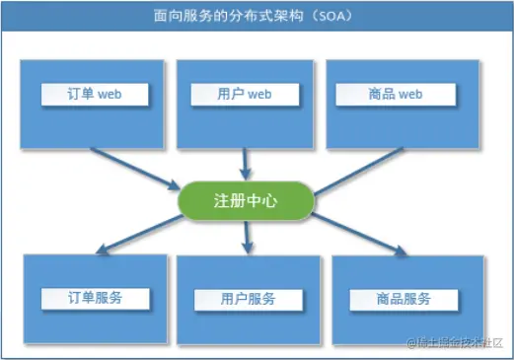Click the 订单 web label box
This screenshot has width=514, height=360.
pos(95,95)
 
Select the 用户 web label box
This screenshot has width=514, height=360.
pos(245,95)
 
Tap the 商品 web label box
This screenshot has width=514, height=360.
pos(396,95)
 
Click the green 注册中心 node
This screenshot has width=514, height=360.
pos(246,200)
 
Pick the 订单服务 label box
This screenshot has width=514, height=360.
pos(96,299)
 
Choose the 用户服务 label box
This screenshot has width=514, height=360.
pos(249,300)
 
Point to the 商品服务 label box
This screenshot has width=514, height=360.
pos(404,300)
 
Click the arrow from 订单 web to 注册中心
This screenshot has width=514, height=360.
pos(135,169)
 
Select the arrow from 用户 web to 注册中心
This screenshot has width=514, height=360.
pos(245,165)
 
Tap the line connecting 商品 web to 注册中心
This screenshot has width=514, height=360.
pos(358,171)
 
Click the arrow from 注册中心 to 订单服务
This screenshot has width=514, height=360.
pos(139,235)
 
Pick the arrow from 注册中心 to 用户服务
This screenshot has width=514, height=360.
pos(247,238)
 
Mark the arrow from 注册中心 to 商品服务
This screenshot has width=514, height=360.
pos(359,235)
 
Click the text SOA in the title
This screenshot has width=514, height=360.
pos(331,16)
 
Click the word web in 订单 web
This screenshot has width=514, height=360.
pos(110,95)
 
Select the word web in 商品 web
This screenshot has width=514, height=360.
pos(410,95)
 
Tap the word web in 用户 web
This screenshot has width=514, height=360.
pos(259,95)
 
